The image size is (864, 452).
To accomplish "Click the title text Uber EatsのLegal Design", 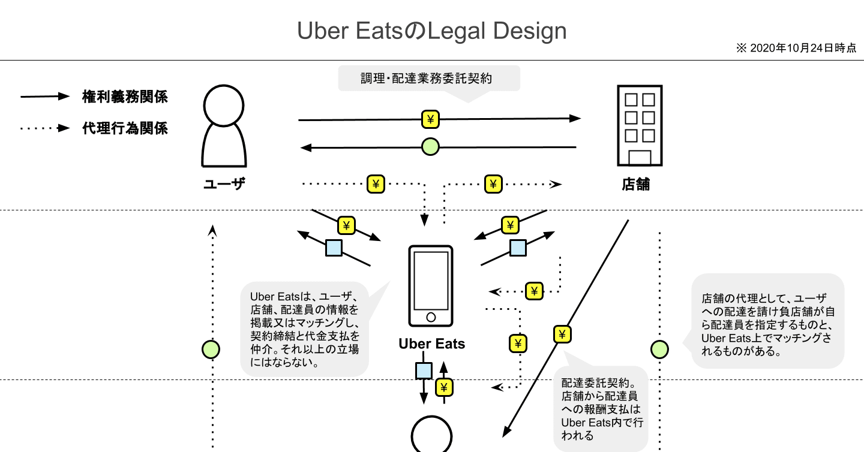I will pyautogui.click(x=431, y=31).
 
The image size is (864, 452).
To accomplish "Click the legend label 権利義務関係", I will pyautogui.click(x=125, y=97).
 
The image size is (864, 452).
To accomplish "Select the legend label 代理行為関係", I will pyautogui.click(x=125, y=128).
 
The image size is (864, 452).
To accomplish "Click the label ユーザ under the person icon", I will pyautogui.click(x=224, y=185).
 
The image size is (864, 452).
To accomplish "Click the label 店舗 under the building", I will pyautogui.click(x=636, y=185).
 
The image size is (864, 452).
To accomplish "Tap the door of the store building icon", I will pyautogui.click(x=640, y=157).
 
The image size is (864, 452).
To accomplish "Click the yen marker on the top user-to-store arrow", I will pyautogui.click(x=430, y=119).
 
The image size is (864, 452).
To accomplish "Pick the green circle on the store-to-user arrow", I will pyautogui.click(x=430, y=146).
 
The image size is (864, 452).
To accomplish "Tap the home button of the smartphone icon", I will pyautogui.click(x=430, y=317).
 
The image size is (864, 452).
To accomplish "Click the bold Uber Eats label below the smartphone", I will pyautogui.click(x=431, y=344).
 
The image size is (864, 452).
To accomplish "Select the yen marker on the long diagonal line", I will pyautogui.click(x=562, y=334).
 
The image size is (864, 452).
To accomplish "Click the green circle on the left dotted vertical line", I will pyautogui.click(x=211, y=348).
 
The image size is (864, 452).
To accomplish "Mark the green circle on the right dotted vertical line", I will pyautogui.click(x=659, y=348).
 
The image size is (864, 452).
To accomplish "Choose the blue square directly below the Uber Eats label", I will pyautogui.click(x=424, y=371).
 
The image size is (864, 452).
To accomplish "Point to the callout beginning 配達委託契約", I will pyautogui.click(x=601, y=408).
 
